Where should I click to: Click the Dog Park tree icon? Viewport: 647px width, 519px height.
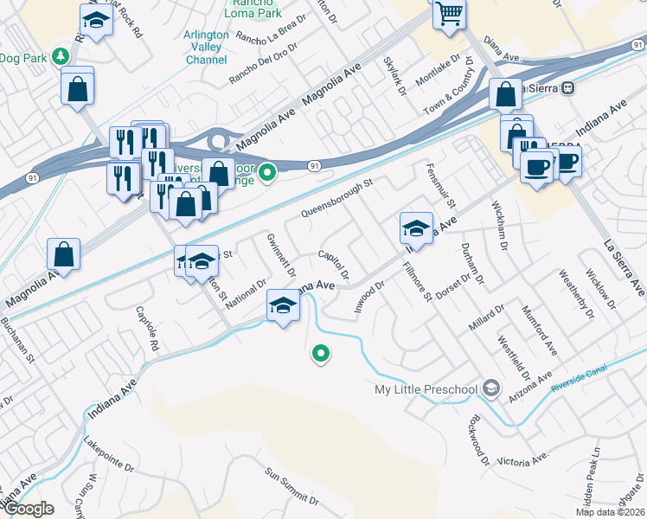(x=60, y=57)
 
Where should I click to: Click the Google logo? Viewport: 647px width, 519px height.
(x=28, y=509)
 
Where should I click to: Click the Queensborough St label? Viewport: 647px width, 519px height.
(x=336, y=198)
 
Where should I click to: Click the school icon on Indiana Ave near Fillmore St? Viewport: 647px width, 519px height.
(x=416, y=229)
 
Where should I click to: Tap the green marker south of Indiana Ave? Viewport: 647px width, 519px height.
(x=321, y=353)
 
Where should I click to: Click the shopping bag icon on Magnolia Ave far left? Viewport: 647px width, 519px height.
(x=64, y=254)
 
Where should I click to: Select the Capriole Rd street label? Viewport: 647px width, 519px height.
(x=148, y=331)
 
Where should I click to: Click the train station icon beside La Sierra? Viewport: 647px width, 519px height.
(x=568, y=87)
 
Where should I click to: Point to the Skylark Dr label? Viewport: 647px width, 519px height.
(x=395, y=77)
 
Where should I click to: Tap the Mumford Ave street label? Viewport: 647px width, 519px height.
(x=538, y=330)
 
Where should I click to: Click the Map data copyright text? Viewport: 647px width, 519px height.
(x=610, y=512)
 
